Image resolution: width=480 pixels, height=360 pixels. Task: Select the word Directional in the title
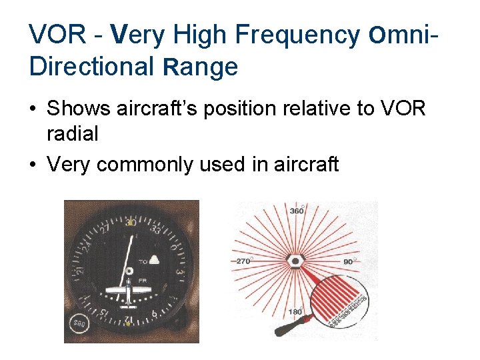pyautogui.click(x=88, y=67)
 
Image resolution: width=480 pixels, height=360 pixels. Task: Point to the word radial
pyautogui.click(x=72, y=134)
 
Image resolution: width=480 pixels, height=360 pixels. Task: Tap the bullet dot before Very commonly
pyautogui.click(x=33, y=163)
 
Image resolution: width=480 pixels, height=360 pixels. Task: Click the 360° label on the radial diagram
pyautogui.click(x=297, y=211)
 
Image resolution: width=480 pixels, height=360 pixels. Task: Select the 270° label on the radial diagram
pyautogui.click(x=244, y=261)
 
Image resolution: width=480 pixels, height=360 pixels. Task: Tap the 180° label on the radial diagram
pyautogui.click(x=295, y=311)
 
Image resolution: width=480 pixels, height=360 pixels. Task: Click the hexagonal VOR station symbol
pyautogui.click(x=295, y=260)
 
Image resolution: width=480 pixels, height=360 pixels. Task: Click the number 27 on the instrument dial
pyautogui.click(x=105, y=230)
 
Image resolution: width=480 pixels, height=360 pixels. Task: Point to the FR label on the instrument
pyautogui.click(x=143, y=281)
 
